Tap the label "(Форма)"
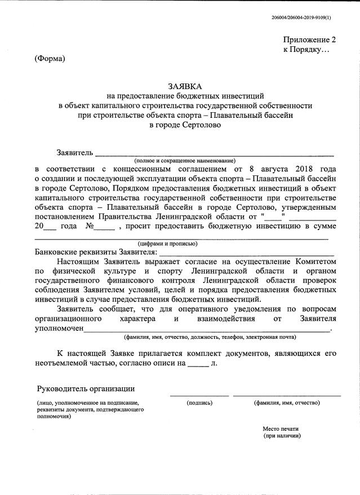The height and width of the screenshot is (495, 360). pos(50,59)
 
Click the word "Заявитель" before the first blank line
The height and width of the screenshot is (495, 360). pos(74,153)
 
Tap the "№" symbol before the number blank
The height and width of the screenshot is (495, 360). pos(89,227)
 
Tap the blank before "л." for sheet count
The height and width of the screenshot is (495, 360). pos(197,364)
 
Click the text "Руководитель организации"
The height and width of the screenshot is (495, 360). pos(86,389)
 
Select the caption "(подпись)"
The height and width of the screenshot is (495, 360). pos(199,403)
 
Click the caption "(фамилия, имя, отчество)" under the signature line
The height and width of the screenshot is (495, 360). pos(287,403)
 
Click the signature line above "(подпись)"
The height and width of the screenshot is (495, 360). pos(199,396)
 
